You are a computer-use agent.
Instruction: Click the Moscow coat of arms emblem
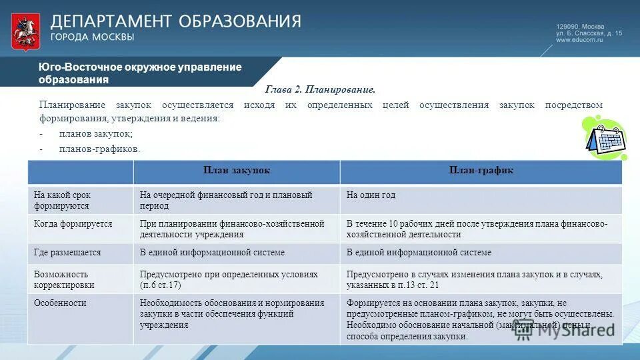tap(25, 31)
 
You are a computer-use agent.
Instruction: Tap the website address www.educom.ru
tap(579, 40)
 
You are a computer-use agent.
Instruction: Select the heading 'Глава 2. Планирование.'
tap(321, 89)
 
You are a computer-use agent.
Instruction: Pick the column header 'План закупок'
tap(237, 171)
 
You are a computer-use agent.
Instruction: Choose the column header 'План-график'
tap(481, 171)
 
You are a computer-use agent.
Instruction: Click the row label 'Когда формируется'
tap(73, 225)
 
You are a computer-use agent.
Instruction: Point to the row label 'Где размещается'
tap(67, 253)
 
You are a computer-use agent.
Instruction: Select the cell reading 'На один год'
tap(371, 195)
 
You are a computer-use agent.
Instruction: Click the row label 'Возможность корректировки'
tap(64, 279)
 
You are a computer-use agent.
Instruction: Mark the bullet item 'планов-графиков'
tap(99, 149)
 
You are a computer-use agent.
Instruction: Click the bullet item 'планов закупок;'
tap(95, 134)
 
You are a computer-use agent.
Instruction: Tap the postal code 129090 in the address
tap(568, 25)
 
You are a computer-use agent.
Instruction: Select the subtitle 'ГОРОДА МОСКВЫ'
tap(93, 37)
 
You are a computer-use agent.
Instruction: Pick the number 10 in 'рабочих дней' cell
tap(393, 225)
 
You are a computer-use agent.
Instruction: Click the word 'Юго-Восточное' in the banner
tap(71, 67)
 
